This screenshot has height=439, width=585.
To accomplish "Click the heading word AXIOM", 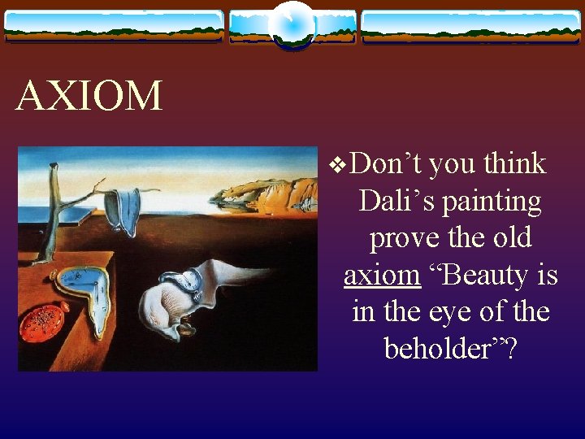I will [89, 97].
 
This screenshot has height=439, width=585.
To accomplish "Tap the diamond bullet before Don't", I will [339, 165].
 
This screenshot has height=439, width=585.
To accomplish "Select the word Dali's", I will [396, 201].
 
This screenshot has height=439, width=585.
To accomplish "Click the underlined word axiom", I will [382, 276].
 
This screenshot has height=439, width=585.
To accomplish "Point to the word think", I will [513, 164].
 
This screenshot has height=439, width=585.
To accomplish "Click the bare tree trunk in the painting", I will [55, 203].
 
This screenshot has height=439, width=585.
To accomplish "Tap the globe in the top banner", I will [292, 24].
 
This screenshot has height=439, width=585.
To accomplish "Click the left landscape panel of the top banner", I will [114, 26].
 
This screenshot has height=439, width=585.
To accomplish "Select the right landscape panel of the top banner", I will [470, 26].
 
